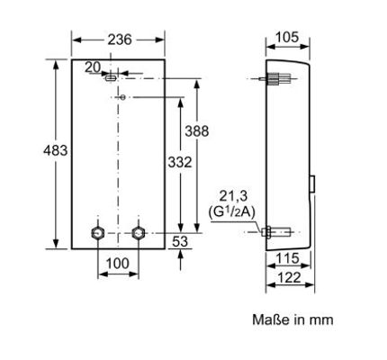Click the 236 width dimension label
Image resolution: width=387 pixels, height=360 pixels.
120,40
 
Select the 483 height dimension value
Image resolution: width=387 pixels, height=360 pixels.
56,150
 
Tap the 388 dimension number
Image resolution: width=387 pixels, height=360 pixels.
197,131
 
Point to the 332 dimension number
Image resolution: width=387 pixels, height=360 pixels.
180,162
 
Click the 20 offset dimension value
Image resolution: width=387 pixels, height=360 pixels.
93,67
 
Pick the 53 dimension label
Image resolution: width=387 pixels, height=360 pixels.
180,241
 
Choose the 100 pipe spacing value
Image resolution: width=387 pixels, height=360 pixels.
118,264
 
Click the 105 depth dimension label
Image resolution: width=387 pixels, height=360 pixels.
287,37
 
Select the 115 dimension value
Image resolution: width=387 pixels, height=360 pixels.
287,258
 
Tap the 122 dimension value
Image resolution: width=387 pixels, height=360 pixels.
288,278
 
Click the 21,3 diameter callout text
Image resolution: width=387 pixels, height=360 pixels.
233,196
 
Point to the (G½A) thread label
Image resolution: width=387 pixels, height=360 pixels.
231,212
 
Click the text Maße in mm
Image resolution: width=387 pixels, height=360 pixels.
292,319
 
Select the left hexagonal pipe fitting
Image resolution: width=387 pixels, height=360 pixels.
98,232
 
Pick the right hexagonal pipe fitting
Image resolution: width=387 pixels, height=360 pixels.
139,232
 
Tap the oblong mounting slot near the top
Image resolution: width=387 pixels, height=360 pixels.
111,78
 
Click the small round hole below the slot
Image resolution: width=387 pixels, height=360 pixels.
122,97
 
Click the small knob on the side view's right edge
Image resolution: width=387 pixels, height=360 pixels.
312,184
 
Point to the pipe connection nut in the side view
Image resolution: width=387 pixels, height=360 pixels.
266,232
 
